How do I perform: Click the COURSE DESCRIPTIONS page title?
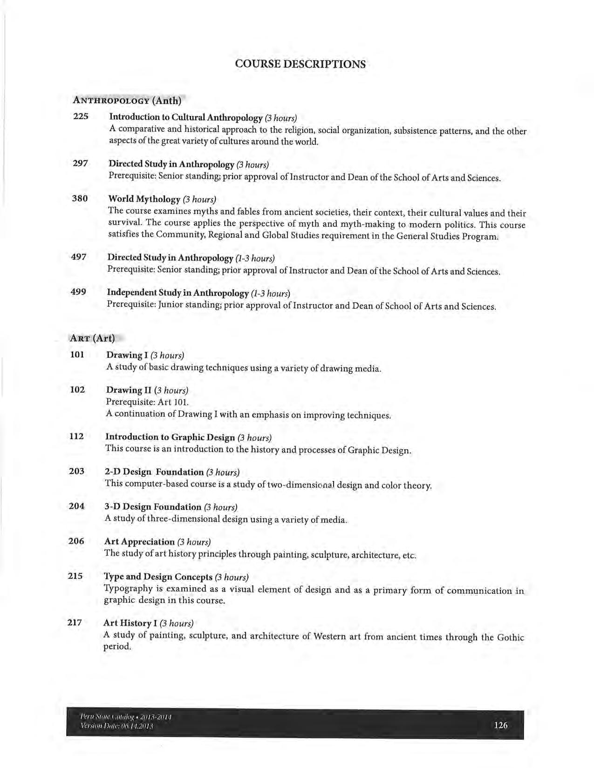pyautogui.click(x=300, y=64)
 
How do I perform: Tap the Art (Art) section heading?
pyautogui.click(x=92, y=338)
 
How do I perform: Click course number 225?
pyautogui.click(x=81, y=116)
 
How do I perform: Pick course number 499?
pyautogui.click(x=78, y=292)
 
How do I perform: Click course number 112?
pyautogui.click(x=76, y=436)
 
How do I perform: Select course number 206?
pyautogui.click(x=76, y=541)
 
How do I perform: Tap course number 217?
pyautogui.click(x=75, y=622)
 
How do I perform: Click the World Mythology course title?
pyautogui.click(x=144, y=199)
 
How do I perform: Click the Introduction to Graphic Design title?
pyautogui.click(x=170, y=437)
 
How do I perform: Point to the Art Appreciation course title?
pyautogui.click(x=139, y=542)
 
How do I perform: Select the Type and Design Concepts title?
pyautogui.click(x=157, y=577)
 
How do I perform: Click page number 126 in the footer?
pyautogui.click(x=501, y=725)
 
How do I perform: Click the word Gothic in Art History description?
pyautogui.click(x=511, y=637)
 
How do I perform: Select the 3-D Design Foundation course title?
pyautogui.click(x=153, y=507)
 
